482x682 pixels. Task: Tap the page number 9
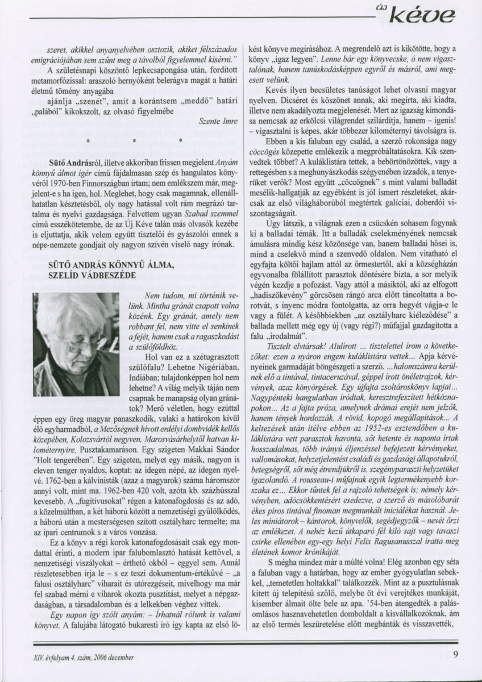[x=456, y=654]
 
